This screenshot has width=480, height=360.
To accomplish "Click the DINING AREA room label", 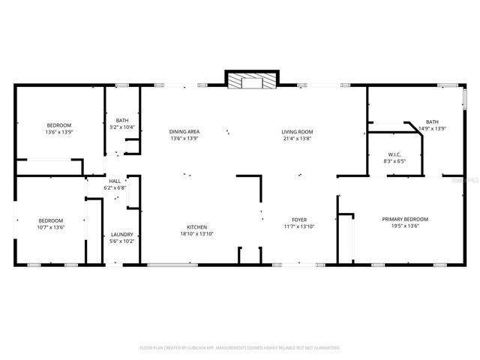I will point(184,132).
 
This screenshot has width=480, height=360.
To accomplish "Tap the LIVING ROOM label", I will point(297,132).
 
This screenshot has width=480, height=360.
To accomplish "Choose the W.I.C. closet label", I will point(394,155).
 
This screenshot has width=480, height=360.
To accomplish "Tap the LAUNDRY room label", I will point(121,234).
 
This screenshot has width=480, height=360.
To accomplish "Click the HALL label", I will point(115,181).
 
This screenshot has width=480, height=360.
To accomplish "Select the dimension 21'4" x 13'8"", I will point(297,139).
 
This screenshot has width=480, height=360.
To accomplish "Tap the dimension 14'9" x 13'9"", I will point(432,128).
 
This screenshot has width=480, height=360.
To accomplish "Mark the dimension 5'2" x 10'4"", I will point(121,127).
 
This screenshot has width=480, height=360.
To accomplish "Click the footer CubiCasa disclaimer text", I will point(240,347).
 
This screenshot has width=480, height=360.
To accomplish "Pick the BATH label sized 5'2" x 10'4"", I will point(121,120).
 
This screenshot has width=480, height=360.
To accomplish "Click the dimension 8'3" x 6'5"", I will point(394,161).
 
